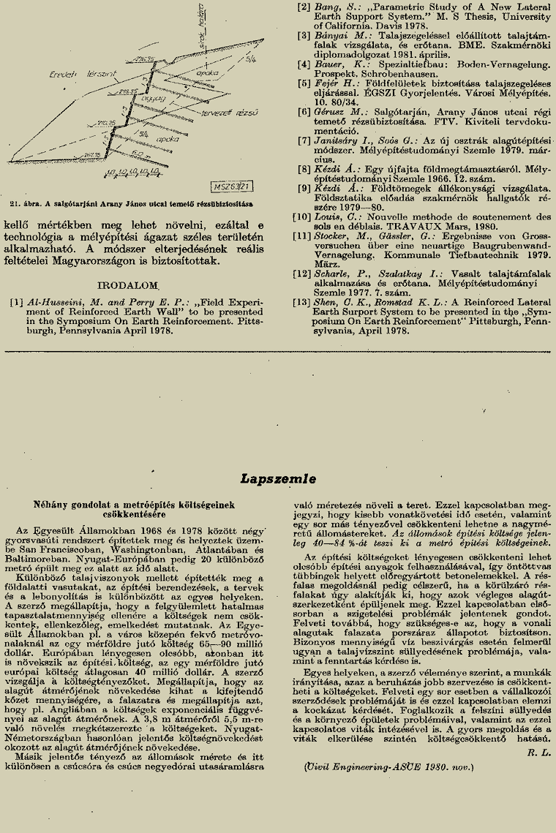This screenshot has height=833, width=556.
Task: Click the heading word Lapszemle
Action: pyautogui.click(x=278, y=480)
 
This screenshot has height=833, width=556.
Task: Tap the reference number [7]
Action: pyautogui.click(x=304, y=140)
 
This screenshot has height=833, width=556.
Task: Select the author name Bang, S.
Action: pyautogui.click(x=334, y=7)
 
